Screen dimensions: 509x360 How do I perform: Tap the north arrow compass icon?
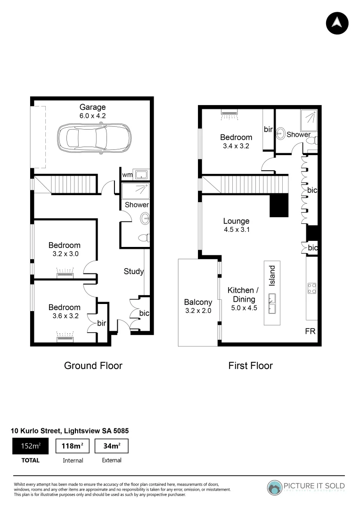(337, 22)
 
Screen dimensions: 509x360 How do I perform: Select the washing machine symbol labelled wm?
(141, 175)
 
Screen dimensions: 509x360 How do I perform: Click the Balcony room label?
(198, 302)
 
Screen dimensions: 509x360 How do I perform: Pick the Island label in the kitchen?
(272, 276)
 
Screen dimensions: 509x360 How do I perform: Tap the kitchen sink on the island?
(272, 303)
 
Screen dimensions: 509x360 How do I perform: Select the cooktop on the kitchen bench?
(311, 288)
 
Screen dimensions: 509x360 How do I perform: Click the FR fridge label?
(310, 331)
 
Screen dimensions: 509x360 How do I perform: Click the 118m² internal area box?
(73, 446)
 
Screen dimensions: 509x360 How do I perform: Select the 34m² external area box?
(111, 446)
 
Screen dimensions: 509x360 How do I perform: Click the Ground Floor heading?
(93, 365)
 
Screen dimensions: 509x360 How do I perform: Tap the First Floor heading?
(250, 365)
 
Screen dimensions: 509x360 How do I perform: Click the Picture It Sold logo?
(306, 487)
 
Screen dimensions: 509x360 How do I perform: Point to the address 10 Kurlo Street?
(70, 430)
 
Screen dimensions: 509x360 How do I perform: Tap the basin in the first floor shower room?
(280, 133)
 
